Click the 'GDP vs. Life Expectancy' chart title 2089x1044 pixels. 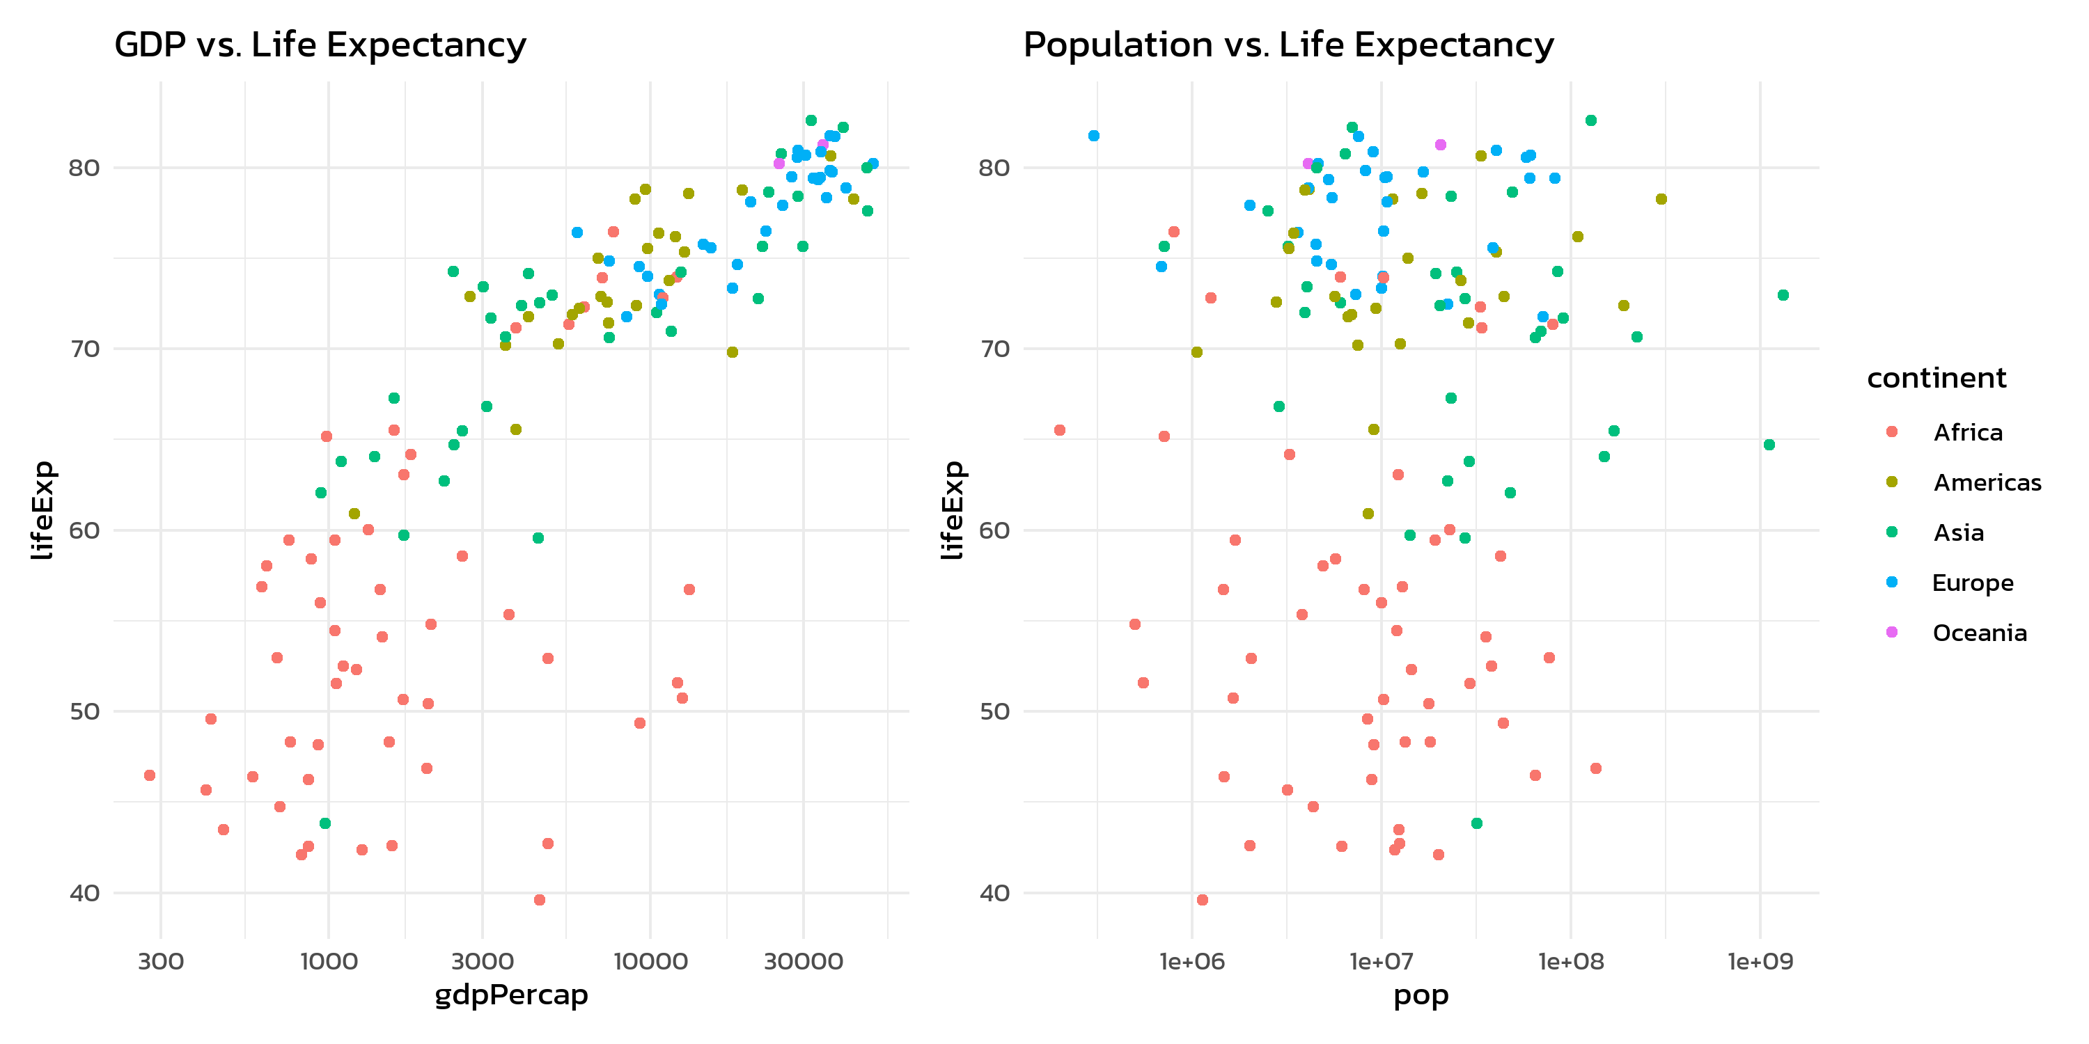320,45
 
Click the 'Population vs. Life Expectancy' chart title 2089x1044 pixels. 1288,45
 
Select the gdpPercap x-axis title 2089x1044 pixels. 511,995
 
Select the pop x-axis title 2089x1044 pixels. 1421,995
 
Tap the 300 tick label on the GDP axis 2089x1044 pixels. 161,961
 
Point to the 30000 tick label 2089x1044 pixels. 803,961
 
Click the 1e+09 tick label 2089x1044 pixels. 1760,961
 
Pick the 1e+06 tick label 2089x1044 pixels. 1191,961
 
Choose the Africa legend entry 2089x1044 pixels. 1967,432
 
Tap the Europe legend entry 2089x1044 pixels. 1972,583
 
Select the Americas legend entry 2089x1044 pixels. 1987,482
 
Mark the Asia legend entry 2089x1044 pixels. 1958,532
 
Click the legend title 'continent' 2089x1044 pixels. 1936,378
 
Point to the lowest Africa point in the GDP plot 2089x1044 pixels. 539,900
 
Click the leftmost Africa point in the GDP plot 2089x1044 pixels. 149,776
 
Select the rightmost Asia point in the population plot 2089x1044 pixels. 1783,295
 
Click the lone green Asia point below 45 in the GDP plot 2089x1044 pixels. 325,823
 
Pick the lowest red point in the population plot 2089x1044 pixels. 1202,900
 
